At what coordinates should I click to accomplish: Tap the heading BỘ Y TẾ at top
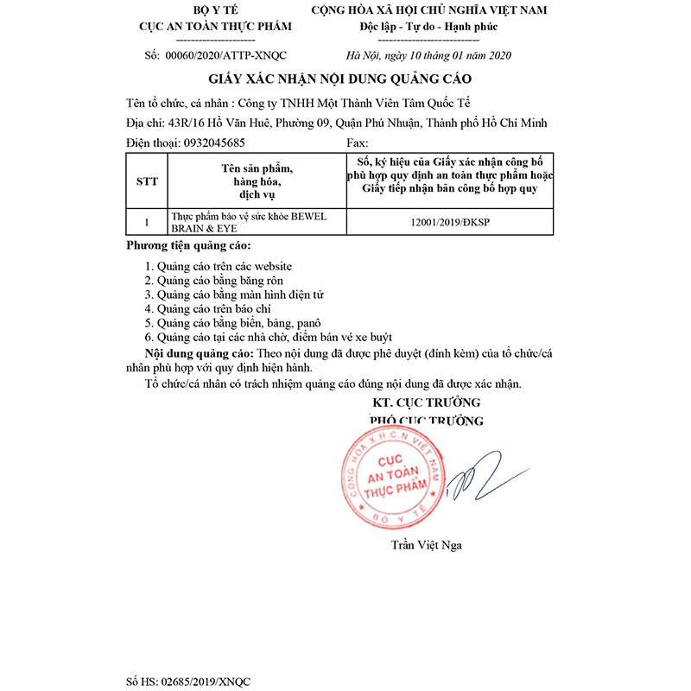(x=216, y=10)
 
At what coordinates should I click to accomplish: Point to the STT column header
(x=148, y=181)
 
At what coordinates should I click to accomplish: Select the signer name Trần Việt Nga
(x=426, y=545)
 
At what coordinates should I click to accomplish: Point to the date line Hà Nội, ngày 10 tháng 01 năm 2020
(x=428, y=56)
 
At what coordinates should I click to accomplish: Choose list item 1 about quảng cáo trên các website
(x=218, y=267)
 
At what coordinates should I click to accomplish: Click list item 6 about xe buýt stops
(x=275, y=336)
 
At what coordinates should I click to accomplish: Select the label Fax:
(x=357, y=143)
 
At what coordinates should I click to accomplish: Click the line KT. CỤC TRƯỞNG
(x=426, y=403)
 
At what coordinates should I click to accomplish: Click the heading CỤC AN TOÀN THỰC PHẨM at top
(x=216, y=27)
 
